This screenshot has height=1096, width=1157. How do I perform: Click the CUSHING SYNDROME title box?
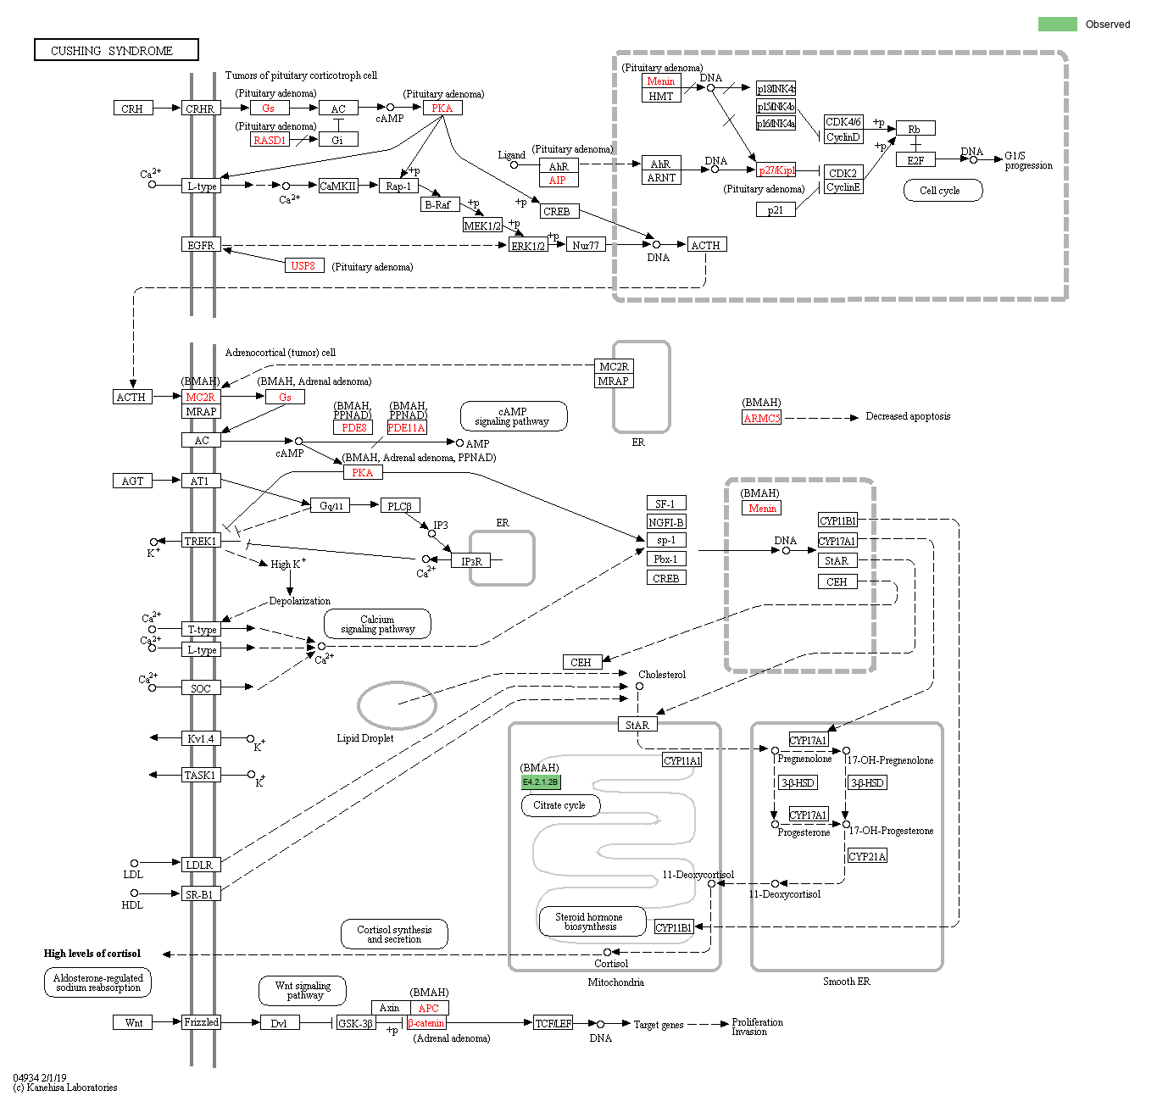coord(116,50)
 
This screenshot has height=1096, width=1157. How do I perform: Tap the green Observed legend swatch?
coord(1057,24)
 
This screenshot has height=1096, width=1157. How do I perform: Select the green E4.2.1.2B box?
coord(541,782)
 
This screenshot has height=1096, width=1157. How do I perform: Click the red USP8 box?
coord(303,265)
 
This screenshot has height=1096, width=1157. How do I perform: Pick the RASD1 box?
coord(270,140)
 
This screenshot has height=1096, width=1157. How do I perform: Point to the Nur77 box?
coord(586,245)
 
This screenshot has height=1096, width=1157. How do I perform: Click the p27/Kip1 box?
coord(776,170)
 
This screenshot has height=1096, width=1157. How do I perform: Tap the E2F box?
coord(915,160)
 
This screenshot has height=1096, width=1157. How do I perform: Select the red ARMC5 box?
coord(761,418)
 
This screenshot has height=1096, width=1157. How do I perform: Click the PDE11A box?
coord(407,428)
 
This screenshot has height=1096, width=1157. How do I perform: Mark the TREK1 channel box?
coord(201,541)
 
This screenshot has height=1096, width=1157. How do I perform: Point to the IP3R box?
coord(471,561)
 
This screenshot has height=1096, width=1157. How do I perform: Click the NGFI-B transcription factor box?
coord(665,522)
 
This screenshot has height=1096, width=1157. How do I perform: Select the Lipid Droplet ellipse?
coord(397,705)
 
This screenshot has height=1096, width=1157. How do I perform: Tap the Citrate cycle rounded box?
coord(560,805)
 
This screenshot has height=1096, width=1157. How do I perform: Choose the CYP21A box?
coord(867,856)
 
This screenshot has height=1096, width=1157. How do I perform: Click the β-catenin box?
coord(426,1023)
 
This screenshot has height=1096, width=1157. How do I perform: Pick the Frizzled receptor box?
coord(201,1022)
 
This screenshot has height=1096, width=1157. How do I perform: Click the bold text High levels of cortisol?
coord(92,954)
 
